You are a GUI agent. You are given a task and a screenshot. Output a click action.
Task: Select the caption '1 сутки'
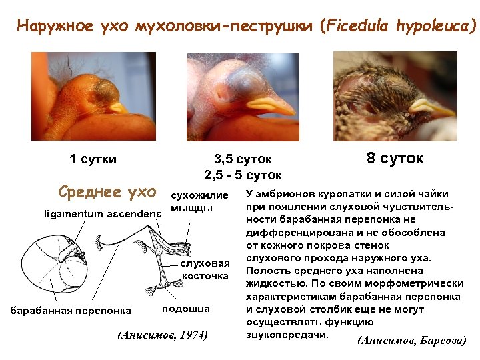(93, 159)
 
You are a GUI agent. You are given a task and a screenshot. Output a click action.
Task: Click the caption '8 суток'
(395, 159)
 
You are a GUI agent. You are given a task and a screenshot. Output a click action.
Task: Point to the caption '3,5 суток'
(243, 159)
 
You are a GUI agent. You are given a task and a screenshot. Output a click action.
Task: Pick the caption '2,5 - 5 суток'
(243, 175)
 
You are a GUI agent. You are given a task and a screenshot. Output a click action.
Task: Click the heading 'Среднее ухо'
(107, 193)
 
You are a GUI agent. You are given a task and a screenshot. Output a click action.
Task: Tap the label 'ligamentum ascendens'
(103, 214)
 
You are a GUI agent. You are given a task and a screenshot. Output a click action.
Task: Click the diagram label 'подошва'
(186, 309)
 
